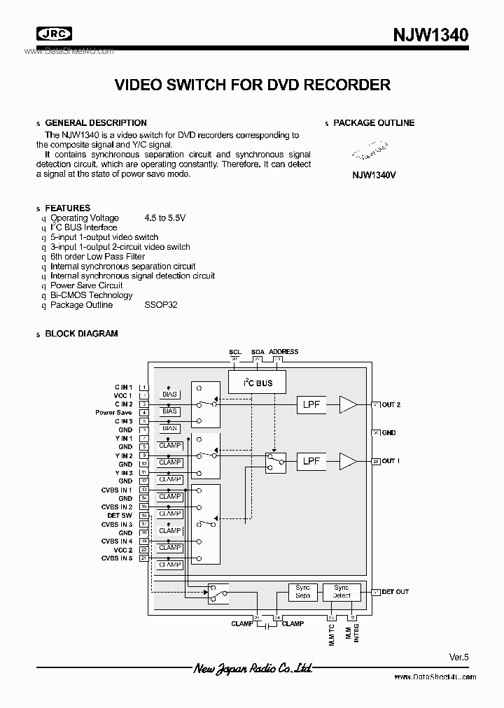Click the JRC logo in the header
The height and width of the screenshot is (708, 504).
tap(55, 34)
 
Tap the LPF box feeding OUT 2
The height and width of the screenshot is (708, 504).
tap(311, 405)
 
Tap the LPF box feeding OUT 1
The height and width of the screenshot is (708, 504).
tap(311, 461)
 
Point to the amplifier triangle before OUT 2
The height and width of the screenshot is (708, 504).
tap(348, 405)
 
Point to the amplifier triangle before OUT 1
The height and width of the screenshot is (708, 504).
tap(348, 461)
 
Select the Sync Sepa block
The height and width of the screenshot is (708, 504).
tap(303, 592)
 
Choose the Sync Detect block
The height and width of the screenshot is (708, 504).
tap(342, 592)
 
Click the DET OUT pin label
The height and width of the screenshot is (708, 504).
tap(395, 592)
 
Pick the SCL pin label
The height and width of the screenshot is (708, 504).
tap(234, 352)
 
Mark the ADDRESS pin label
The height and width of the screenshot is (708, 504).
tap(283, 352)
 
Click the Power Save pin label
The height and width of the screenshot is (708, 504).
tap(113, 413)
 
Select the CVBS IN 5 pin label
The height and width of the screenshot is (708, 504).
tap(116, 558)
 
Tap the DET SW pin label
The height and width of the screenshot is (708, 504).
tap(120, 516)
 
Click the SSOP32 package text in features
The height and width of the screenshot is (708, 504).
tap(161, 305)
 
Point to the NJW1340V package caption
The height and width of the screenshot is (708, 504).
tap(374, 176)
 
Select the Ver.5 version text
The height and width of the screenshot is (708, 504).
tap(458, 657)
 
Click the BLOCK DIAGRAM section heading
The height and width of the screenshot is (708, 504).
tap(81, 334)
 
